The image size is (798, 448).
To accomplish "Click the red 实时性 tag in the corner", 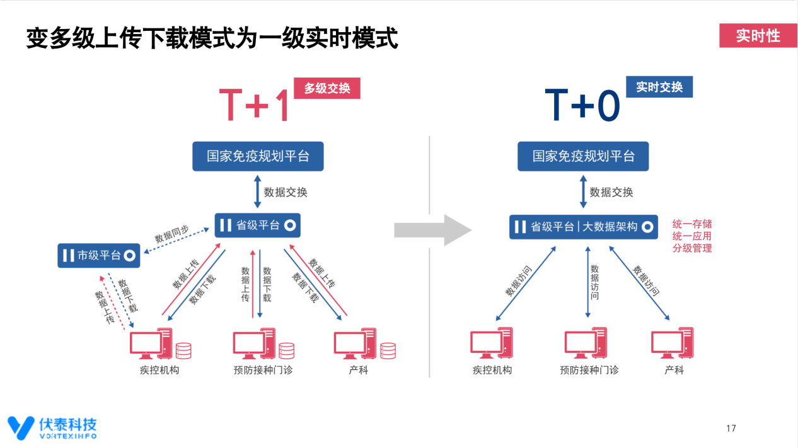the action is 758,36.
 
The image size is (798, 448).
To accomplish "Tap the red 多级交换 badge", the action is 327,88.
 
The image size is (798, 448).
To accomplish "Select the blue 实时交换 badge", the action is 659,86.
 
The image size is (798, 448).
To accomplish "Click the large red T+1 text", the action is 253,105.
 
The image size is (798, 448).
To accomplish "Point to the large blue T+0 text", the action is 582,105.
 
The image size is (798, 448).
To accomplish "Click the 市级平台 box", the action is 99,255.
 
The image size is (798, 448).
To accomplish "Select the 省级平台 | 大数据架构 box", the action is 584,227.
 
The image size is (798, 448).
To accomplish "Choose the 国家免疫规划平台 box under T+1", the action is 258,156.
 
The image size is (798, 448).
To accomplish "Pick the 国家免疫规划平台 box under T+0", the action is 583,156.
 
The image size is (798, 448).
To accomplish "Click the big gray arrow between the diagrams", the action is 433,230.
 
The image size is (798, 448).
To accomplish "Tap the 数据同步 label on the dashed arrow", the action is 171,234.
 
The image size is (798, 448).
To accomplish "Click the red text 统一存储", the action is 692,224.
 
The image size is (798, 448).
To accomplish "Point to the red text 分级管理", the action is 692,248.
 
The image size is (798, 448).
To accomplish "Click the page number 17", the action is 731,428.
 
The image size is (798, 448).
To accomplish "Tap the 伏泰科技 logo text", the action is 67,424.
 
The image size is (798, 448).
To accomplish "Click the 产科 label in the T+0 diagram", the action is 674,370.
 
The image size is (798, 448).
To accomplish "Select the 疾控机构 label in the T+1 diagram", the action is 159,370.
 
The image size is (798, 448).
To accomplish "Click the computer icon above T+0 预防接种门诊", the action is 586,343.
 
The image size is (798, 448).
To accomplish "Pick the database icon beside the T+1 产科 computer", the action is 388,350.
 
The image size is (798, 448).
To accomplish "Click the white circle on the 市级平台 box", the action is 129,255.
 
